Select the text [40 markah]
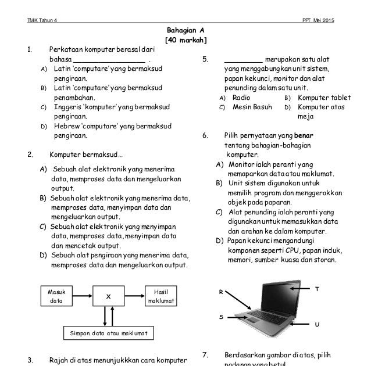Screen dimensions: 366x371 [185, 40]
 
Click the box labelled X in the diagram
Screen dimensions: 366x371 [108, 296]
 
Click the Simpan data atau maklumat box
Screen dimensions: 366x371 [109, 333]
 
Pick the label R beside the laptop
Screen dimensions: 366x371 [221, 292]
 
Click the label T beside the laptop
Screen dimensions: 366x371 [316, 288]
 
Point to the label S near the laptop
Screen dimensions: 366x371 [221, 317]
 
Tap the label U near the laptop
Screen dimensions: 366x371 [316, 324]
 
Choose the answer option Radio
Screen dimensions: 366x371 [241, 98]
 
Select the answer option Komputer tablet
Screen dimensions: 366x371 [324, 98]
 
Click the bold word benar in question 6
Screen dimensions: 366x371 [320, 136]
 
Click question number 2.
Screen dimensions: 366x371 [30, 155]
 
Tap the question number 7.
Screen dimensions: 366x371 [205, 355]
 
